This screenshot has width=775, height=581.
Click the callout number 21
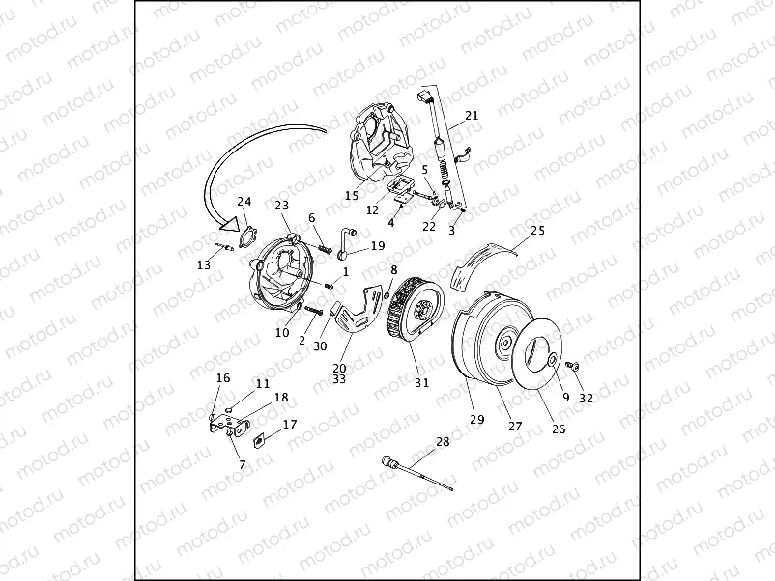(472, 116)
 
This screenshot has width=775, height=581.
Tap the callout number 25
(538, 231)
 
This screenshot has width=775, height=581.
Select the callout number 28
(443, 442)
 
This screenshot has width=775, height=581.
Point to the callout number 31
(421, 382)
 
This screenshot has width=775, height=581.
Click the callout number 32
(586, 398)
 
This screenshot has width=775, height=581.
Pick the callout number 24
(244, 202)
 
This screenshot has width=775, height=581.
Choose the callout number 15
(352, 195)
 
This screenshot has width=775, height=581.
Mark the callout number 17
(290, 424)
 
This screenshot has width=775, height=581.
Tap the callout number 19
(378, 245)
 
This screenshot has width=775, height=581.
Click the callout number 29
(476, 419)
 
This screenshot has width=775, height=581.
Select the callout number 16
(223, 377)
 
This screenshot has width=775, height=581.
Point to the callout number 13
(203, 264)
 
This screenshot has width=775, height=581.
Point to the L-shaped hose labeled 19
(346, 241)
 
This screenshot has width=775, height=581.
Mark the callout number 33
(339, 380)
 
